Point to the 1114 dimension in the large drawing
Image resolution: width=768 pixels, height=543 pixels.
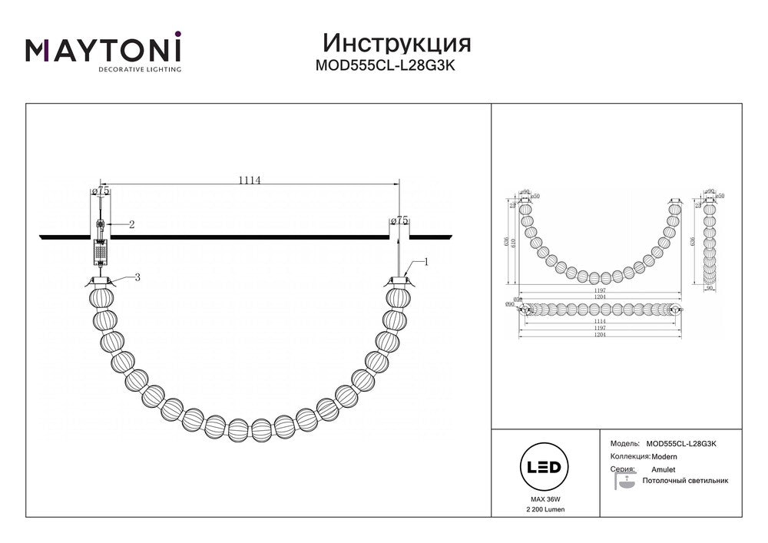pyautogui.click(x=250, y=181)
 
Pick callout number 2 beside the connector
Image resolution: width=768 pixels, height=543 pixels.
pyautogui.click(x=131, y=224)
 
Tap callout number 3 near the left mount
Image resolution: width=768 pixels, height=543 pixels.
pyautogui.click(x=137, y=277)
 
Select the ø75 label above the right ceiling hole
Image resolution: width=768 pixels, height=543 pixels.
pyautogui.click(x=399, y=220)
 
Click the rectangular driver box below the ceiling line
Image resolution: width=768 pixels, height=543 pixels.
pyautogui.click(x=101, y=250)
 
